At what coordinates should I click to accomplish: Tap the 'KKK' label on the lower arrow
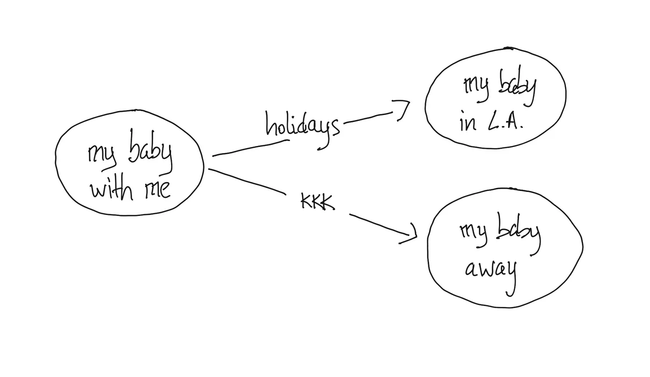(x=318, y=201)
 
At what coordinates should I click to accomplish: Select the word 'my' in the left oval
(x=102, y=156)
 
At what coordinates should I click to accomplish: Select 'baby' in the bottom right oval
(x=518, y=233)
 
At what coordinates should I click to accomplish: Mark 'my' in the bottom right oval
(x=473, y=234)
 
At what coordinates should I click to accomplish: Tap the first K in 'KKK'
(x=306, y=201)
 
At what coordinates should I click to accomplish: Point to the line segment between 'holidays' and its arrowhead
(x=368, y=117)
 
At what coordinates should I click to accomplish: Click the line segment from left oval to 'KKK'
(x=247, y=181)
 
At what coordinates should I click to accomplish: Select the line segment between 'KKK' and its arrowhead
(x=380, y=225)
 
